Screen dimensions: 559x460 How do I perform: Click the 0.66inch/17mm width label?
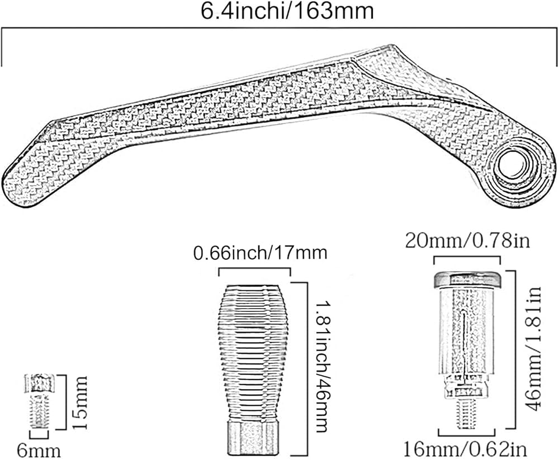(x=260, y=253)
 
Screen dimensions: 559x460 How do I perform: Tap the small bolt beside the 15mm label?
(x=39, y=402)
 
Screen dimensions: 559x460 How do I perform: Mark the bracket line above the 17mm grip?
(x=254, y=269)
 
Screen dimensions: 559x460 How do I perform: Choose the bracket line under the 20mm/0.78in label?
(x=467, y=257)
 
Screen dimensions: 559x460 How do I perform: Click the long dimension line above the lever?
(x=279, y=31)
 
